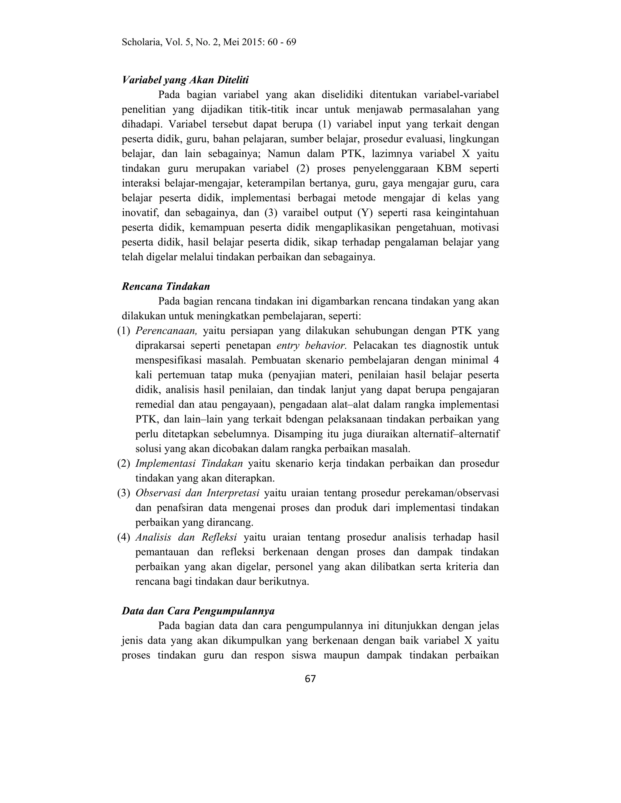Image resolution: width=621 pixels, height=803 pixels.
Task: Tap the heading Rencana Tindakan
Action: point(166,286)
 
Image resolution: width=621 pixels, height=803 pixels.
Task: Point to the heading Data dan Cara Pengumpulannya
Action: point(198,611)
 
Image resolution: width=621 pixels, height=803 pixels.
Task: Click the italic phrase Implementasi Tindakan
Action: point(189,463)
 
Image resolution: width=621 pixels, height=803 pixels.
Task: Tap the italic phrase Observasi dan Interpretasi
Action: point(197,493)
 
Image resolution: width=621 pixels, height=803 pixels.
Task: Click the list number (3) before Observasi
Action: point(124,493)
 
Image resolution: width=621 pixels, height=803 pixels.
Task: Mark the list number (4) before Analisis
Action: point(124,537)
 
